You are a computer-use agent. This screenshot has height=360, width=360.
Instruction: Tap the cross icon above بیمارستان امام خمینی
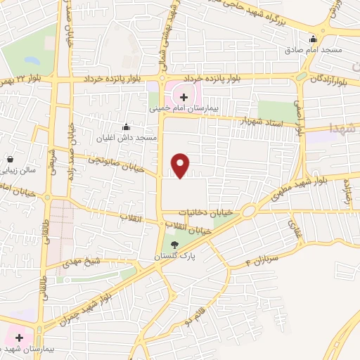184,97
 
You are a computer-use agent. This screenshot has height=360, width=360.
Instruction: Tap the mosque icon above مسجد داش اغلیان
127,127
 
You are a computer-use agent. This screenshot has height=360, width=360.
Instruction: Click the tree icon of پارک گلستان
174,245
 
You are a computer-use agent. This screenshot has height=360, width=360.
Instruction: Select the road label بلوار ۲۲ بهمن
25,79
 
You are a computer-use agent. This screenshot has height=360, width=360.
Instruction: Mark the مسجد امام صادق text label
313,50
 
